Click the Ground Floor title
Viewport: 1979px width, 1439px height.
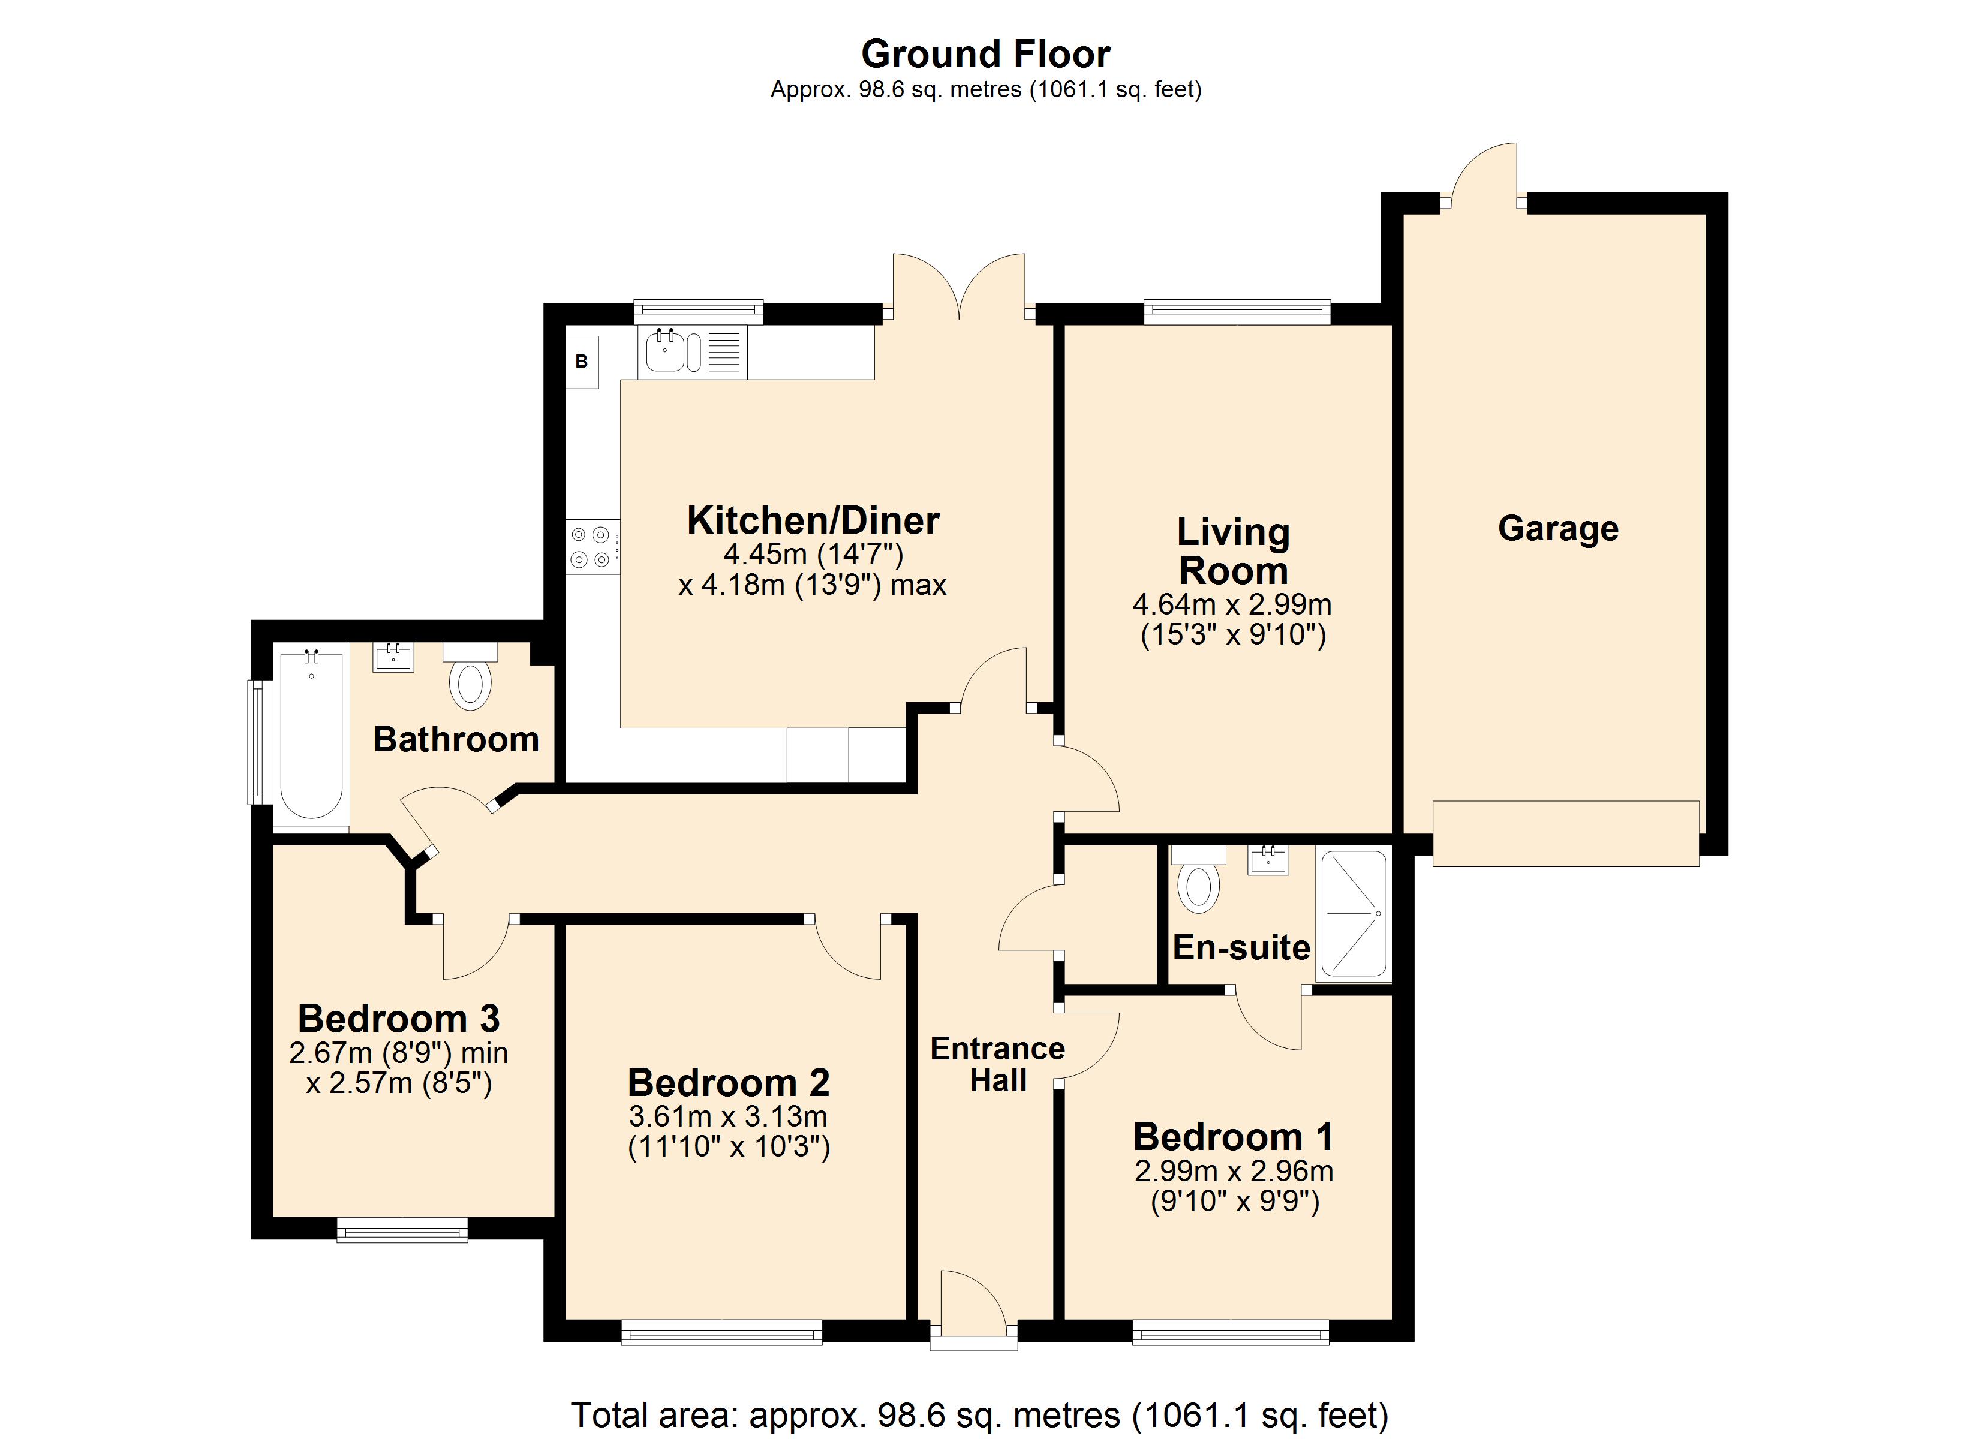985,54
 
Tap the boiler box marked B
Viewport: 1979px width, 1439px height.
582,362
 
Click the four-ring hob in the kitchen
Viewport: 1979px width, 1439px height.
592,546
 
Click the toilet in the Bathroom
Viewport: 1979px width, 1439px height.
470,676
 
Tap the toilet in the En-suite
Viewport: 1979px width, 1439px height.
1199,878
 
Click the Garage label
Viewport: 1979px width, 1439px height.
1559,529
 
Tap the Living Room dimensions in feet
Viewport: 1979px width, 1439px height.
1233,634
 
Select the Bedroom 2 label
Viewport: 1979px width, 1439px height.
729,1083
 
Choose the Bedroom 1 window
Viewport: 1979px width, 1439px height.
1231,1332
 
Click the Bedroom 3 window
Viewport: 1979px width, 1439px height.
402,1230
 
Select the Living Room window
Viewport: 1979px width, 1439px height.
1237,312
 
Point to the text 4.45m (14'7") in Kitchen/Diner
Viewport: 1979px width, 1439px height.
813,554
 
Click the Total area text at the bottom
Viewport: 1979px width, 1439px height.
980,1414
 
